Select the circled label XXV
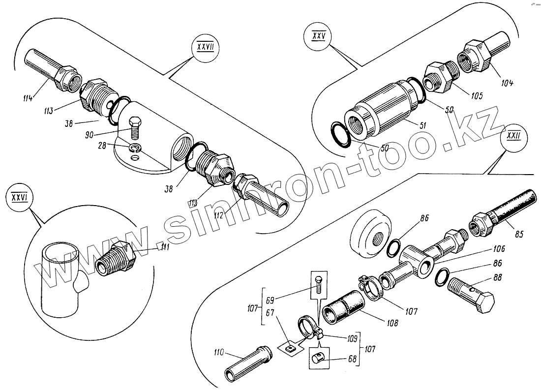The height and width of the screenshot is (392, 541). [x=318, y=36]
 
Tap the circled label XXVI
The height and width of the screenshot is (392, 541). [x=18, y=198]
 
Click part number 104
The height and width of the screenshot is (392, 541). [x=507, y=83]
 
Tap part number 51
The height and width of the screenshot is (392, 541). [x=422, y=125]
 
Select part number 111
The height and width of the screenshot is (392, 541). [x=164, y=247]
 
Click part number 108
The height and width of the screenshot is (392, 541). [x=391, y=323]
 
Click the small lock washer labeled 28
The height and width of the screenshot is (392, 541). [x=135, y=148]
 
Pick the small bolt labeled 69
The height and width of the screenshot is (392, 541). [x=318, y=284]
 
